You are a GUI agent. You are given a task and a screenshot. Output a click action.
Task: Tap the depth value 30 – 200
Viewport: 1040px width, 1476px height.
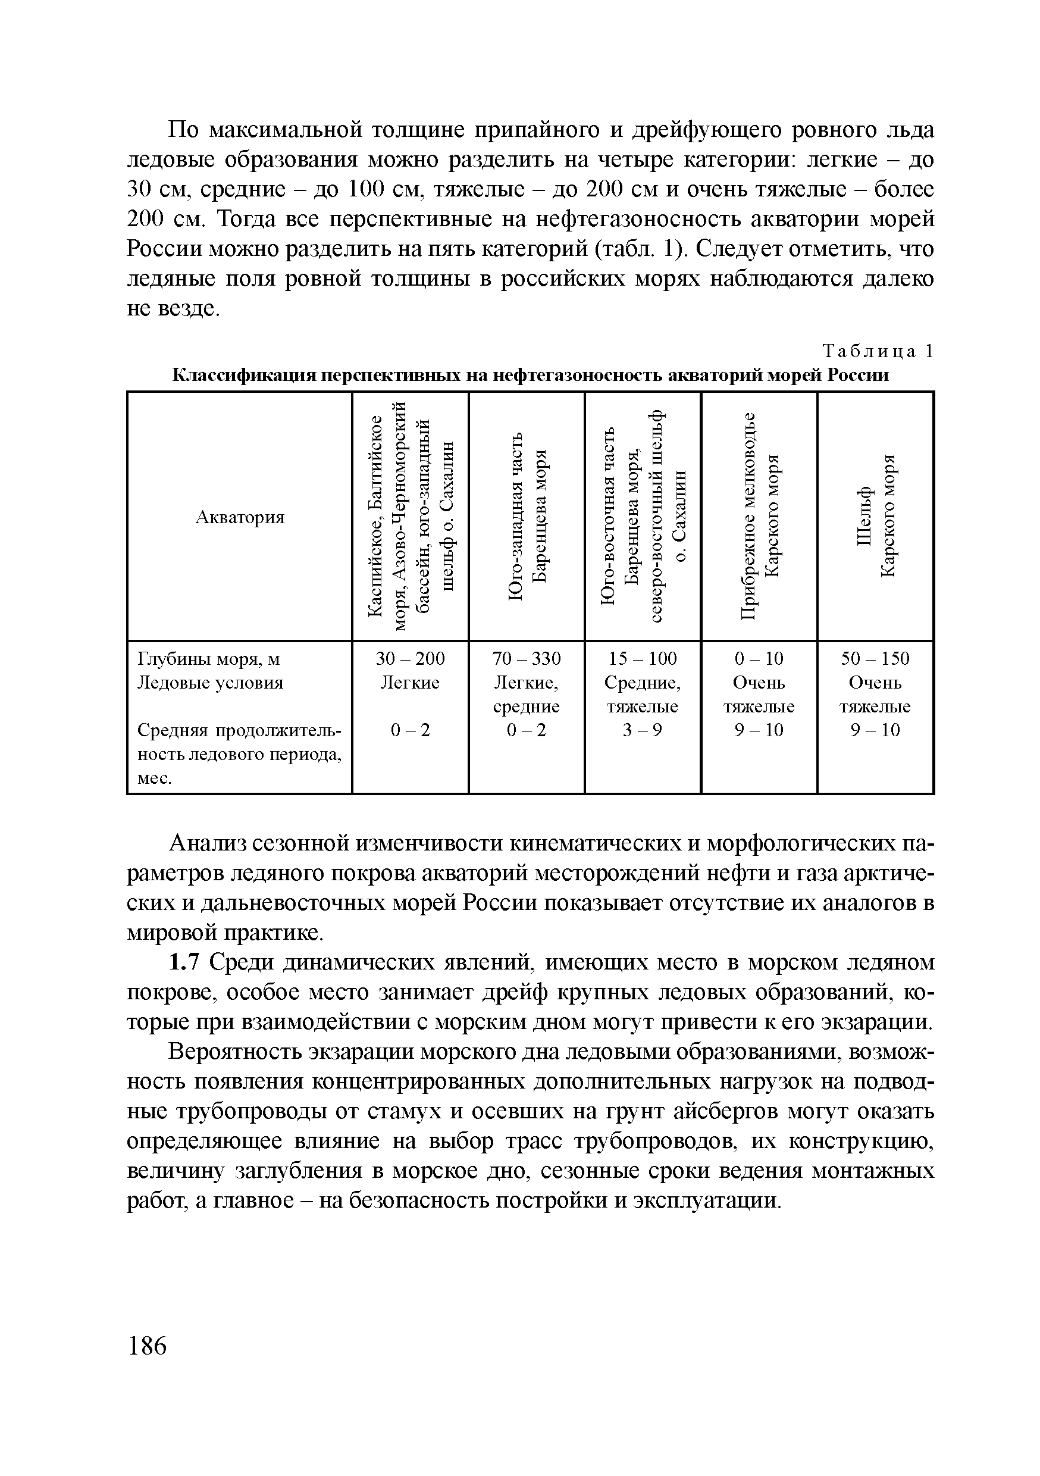(410, 659)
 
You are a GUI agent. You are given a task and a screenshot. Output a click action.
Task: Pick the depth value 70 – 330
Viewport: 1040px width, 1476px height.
(526, 659)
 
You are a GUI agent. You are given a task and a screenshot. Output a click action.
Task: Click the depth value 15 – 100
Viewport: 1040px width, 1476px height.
(642, 659)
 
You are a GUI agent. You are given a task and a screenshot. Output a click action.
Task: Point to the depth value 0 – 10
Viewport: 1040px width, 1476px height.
(759, 659)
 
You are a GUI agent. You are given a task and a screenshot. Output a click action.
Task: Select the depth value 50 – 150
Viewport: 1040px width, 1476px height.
(875, 659)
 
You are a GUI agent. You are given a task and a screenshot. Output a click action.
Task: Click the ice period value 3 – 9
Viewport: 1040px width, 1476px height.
(642, 730)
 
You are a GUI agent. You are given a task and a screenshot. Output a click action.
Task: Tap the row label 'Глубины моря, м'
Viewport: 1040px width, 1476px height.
(209, 659)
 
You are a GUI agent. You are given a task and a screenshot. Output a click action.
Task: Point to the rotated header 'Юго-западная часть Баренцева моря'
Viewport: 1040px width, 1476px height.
(527, 516)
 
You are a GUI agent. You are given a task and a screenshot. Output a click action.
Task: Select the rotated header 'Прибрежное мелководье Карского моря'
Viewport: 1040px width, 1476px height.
(759, 516)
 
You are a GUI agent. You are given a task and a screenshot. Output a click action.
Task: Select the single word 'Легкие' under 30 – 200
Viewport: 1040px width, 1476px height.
(410, 683)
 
